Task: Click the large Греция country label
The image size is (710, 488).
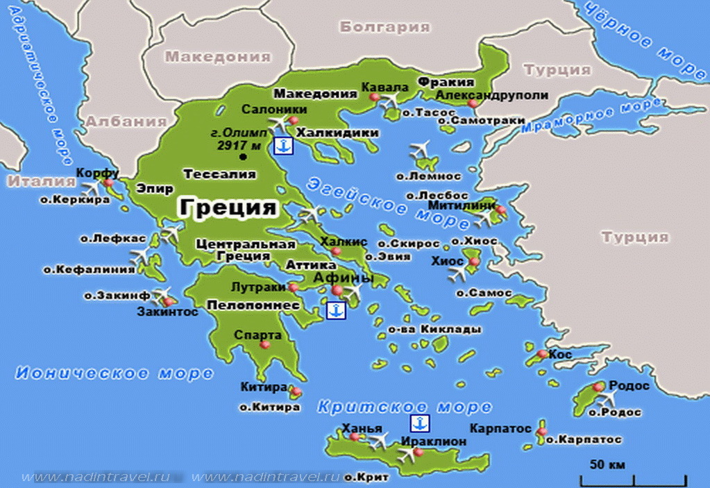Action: [228, 208]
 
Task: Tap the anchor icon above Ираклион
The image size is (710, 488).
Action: [419, 423]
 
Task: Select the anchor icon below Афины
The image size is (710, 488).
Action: [335, 310]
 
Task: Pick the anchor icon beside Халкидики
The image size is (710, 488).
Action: [283, 146]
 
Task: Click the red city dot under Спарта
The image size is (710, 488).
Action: [264, 345]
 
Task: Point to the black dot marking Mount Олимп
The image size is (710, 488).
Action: [242, 158]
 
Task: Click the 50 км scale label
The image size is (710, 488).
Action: [608, 464]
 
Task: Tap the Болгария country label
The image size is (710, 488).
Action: [384, 27]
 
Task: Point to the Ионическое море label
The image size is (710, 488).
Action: [114, 373]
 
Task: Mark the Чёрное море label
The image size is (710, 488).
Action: [643, 39]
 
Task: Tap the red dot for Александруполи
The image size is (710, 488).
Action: [473, 104]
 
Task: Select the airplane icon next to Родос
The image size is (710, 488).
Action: [609, 398]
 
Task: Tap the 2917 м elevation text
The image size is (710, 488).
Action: [238, 146]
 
